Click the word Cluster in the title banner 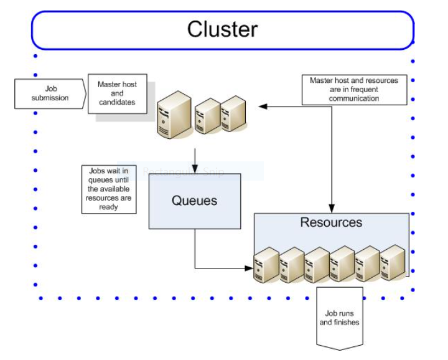click(222, 29)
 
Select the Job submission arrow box click(50, 93)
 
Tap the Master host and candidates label click(117, 93)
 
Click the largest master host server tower click(174, 115)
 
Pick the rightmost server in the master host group click(235, 113)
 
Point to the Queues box click(194, 201)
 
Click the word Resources click(331, 222)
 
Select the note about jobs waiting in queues click(109, 189)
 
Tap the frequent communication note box click(353, 89)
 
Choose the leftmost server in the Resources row click(266, 265)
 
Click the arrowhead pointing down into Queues click(195, 169)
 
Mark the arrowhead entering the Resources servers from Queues click(250, 268)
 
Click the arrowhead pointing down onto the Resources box click(332, 209)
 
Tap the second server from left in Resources click(291, 265)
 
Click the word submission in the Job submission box click(50, 98)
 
